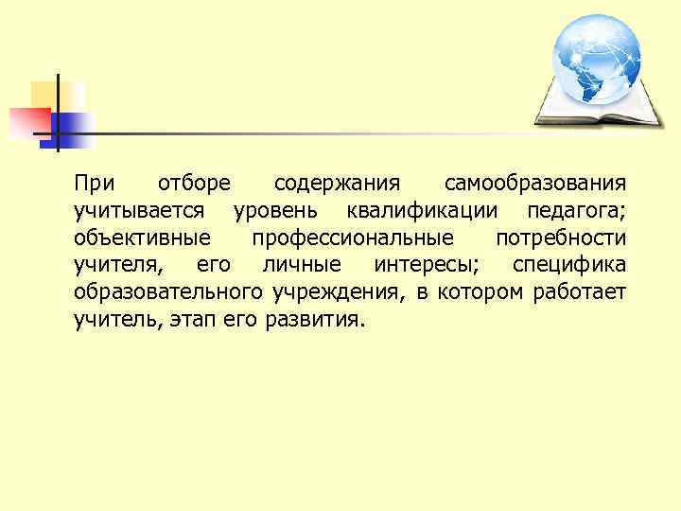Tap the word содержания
336,181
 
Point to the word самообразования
534,181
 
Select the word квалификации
425,208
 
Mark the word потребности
560,236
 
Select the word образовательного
167,291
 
